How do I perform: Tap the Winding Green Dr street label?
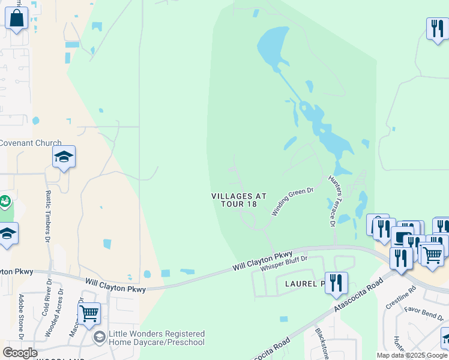pos(293,202)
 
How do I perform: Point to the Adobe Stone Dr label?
pos(22,317)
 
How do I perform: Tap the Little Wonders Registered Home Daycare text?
pos(156,338)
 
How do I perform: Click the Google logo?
pos(20,353)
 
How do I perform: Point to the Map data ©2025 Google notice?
pos(412,355)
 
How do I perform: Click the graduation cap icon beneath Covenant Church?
pos(64,157)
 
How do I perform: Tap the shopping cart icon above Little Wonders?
pos(89,313)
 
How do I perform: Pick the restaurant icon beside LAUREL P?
pos(336,283)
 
